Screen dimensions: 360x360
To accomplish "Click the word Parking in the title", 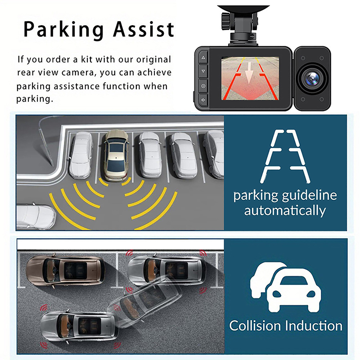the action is click(x=63, y=30).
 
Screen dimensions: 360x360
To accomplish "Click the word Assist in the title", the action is click(x=144, y=29).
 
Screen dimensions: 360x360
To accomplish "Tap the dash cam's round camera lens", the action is click(x=312, y=78).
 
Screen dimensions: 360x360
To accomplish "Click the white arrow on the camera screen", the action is click(x=249, y=71).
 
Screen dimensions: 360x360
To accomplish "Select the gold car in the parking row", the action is click(x=116, y=155).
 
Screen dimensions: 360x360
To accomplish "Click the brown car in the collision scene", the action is click(x=65, y=270).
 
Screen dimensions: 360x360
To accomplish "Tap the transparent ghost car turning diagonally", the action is click(x=144, y=302).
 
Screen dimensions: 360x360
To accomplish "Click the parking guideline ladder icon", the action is click(x=285, y=156).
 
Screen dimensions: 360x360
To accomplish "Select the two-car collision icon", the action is click(x=286, y=287).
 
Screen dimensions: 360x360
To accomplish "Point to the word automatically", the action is click(x=285, y=211).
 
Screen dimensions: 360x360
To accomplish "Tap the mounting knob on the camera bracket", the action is click(x=226, y=21).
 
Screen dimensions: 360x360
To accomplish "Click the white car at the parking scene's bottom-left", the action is click(x=36, y=216).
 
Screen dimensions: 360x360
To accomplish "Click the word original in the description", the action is click(x=153, y=60).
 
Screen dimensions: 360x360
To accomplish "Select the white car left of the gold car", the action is click(x=81, y=155).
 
